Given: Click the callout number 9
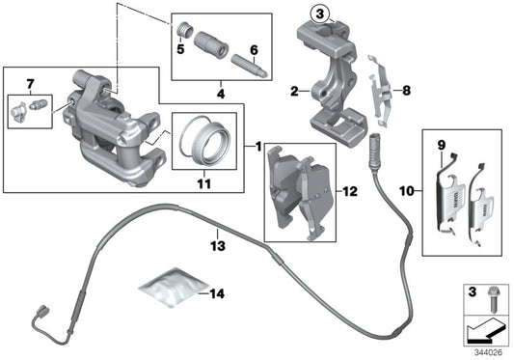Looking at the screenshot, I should pyautogui.click(x=442, y=149).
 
